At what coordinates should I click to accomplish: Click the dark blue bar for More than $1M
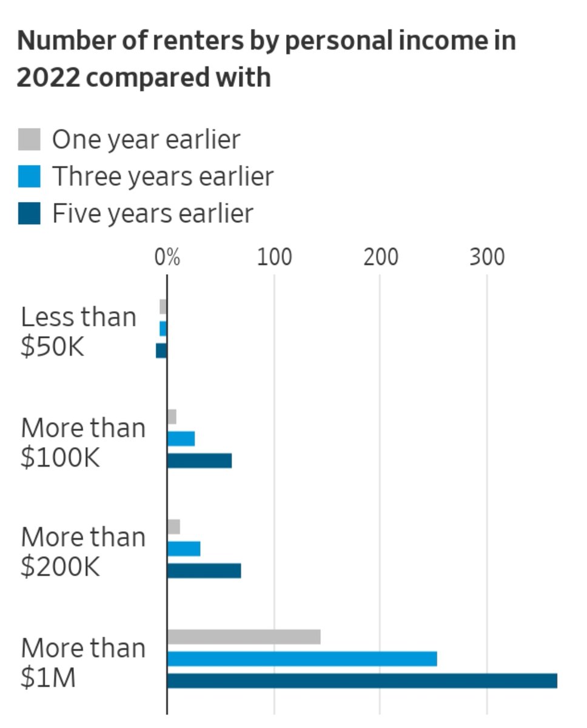[x=362, y=681]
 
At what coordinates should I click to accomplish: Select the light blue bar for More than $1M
[x=302, y=659]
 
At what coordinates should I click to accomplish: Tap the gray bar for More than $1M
[x=244, y=637]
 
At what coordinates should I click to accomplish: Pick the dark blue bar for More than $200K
[x=204, y=571]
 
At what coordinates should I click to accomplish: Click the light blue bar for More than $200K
[x=184, y=549]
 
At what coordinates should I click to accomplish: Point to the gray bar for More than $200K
[x=173, y=527]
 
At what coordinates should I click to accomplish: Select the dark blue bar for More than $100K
[x=200, y=461]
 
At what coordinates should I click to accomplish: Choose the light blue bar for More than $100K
[x=181, y=439]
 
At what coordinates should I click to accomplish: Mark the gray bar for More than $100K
[x=172, y=417]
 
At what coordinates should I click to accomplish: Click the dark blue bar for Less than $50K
[x=161, y=351]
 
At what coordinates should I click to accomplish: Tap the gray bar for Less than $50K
[x=163, y=306]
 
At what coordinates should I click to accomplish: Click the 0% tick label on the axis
[x=167, y=257]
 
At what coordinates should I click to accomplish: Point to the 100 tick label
[x=274, y=257]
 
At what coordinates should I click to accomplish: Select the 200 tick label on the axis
[x=381, y=257]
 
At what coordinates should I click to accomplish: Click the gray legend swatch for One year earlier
[x=29, y=140]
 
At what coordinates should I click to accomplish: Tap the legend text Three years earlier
[x=163, y=177]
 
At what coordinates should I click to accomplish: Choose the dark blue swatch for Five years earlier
[x=29, y=214]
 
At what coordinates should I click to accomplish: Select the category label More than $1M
[x=83, y=662]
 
